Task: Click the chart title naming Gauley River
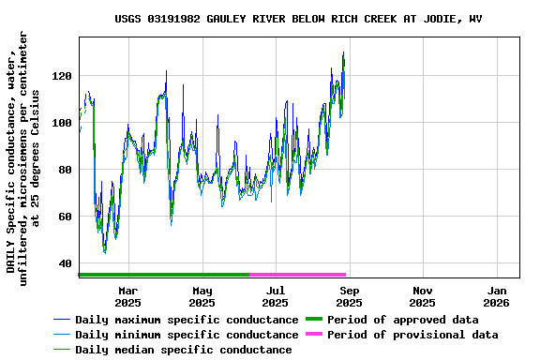[299, 19]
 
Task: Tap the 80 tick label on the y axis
[65, 170]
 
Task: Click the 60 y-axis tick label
[65, 217]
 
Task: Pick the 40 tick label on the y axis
[65, 263]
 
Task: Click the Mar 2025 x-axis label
[128, 296]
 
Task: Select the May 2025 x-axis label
[202, 296]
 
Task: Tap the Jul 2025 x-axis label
[275, 296]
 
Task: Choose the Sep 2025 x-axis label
[349, 296]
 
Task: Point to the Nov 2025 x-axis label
[423, 296]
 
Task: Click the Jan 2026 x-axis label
[497, 296]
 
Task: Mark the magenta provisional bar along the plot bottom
[298, 275]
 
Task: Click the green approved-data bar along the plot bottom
[164, 275]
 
